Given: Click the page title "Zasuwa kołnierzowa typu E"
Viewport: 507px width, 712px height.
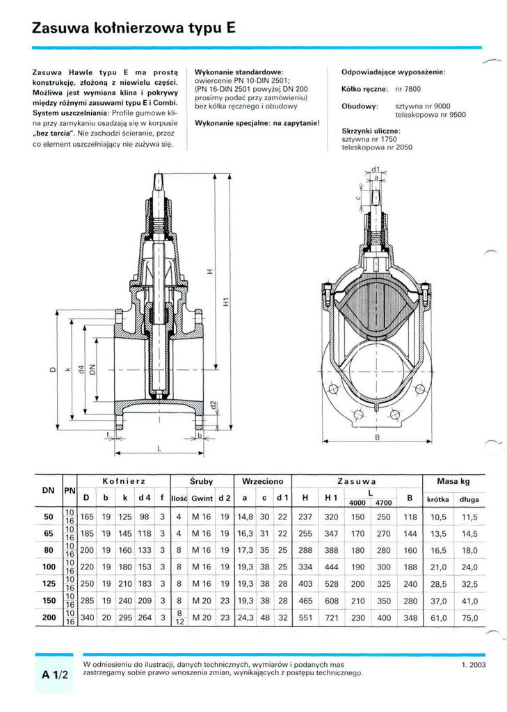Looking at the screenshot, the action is tap(134, 28).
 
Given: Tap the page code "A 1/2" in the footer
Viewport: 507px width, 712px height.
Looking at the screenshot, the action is tap(54, 674).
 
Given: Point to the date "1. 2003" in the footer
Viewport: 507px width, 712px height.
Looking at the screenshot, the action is tap(474, 665).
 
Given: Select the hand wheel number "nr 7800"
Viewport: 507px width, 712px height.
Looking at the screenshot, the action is tap(408, 89).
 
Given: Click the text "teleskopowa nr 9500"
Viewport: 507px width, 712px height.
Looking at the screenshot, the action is tap(430, 115).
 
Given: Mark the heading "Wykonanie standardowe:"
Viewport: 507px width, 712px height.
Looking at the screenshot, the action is tap(239, 72).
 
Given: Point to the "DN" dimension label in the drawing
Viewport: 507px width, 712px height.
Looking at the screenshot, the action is tap(93, 370).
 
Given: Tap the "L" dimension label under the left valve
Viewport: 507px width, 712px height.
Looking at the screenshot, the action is tap(159, 448).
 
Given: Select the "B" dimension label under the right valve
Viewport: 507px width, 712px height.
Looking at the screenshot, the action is tap(377, 437).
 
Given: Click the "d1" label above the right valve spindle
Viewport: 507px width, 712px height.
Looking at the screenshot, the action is tap(376, 169).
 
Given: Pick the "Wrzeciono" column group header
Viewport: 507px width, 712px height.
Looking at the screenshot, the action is tap(263, 481).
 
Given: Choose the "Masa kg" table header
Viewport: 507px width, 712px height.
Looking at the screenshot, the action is tap(453, 481).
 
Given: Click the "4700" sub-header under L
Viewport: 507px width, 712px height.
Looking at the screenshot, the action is tap(383, 503).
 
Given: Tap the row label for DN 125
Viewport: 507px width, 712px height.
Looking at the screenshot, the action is tap(49, 583).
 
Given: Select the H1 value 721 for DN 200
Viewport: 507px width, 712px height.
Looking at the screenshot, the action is tap(331, 617).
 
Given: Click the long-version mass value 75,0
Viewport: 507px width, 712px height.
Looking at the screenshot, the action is tap(469, 617).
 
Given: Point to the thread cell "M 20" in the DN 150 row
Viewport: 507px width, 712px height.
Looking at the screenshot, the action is tap(202, 601).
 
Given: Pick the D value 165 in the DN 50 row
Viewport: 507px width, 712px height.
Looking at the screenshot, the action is tap(87, 517).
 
